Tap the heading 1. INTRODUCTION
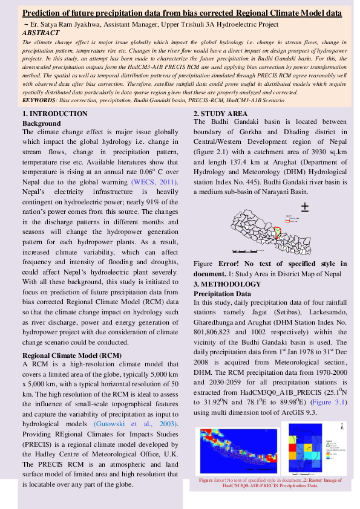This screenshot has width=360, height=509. (x=55, y=114)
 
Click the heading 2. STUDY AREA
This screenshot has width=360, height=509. (x=220, y=114)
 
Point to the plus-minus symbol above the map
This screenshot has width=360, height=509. (x=305, y=207)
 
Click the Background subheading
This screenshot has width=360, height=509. (x=41, y=123)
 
